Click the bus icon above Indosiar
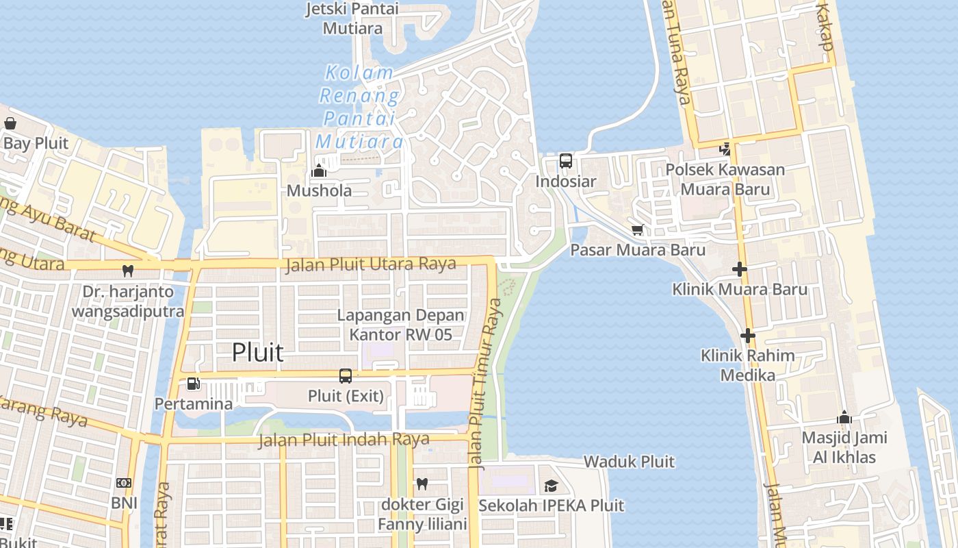[566, 161]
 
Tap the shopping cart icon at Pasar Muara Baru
[638, 230]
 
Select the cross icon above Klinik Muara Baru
[739, 269]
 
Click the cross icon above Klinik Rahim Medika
[747, 336]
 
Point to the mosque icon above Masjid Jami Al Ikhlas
[844, 417]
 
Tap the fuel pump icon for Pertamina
[194, 384]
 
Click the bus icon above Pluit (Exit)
[346, 375]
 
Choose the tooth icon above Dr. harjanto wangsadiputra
[127, 271]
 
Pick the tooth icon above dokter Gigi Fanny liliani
[422, 484]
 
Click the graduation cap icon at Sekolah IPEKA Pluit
[551, 486]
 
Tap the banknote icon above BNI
[124, 483]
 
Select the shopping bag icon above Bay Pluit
[10, 123]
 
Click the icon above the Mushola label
[319, 171]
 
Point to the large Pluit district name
[257, 352]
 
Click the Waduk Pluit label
[629, 462]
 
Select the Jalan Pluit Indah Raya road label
[344, 440]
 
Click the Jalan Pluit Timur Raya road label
[485, 384]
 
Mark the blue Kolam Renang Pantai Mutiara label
[359, 107]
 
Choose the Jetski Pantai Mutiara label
[352, 18]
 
